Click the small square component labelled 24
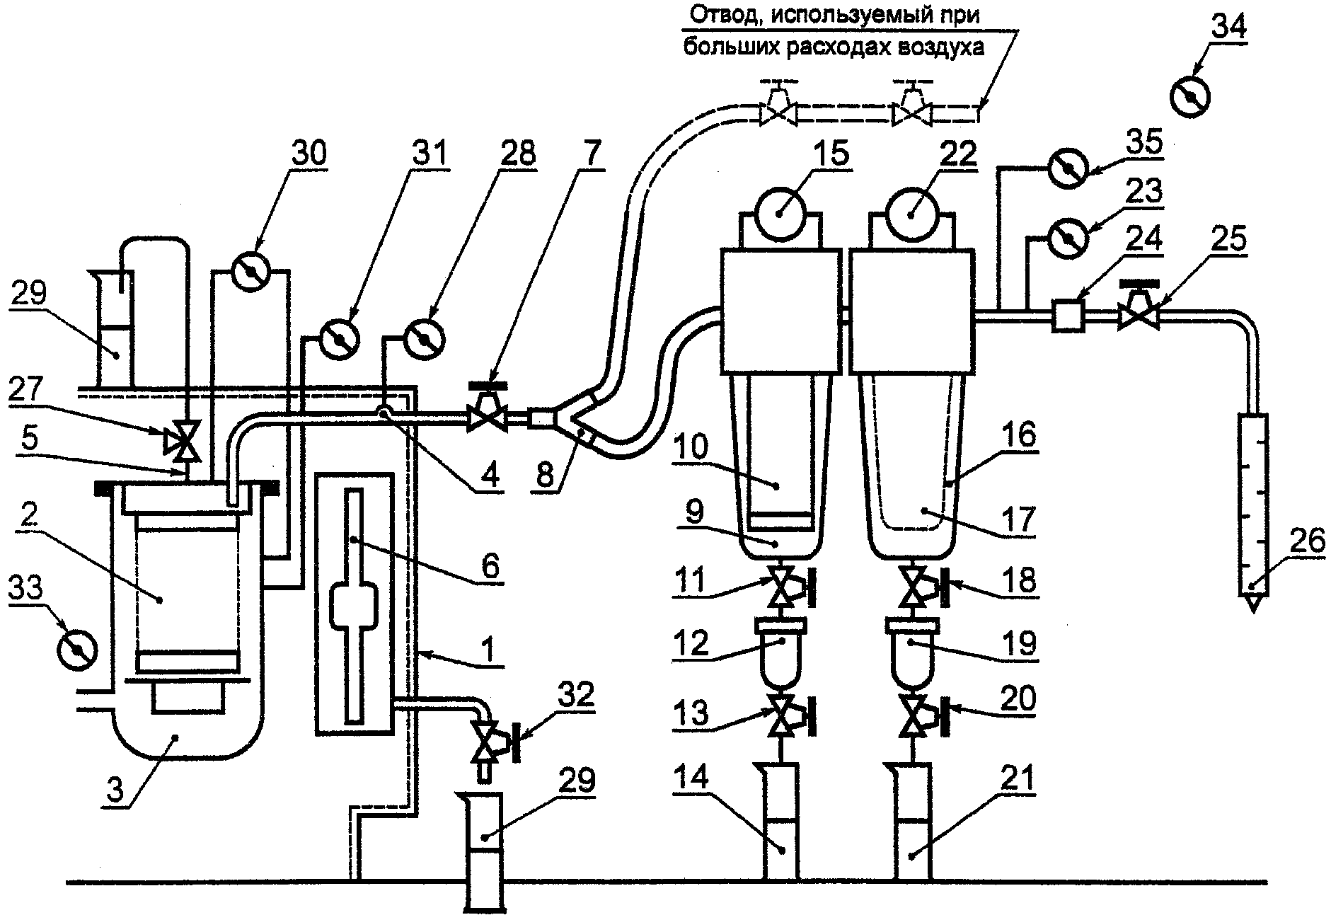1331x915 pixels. tap(1068, 314)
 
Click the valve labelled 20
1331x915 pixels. tap(920, 715)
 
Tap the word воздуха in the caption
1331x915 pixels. tap(940, 48)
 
